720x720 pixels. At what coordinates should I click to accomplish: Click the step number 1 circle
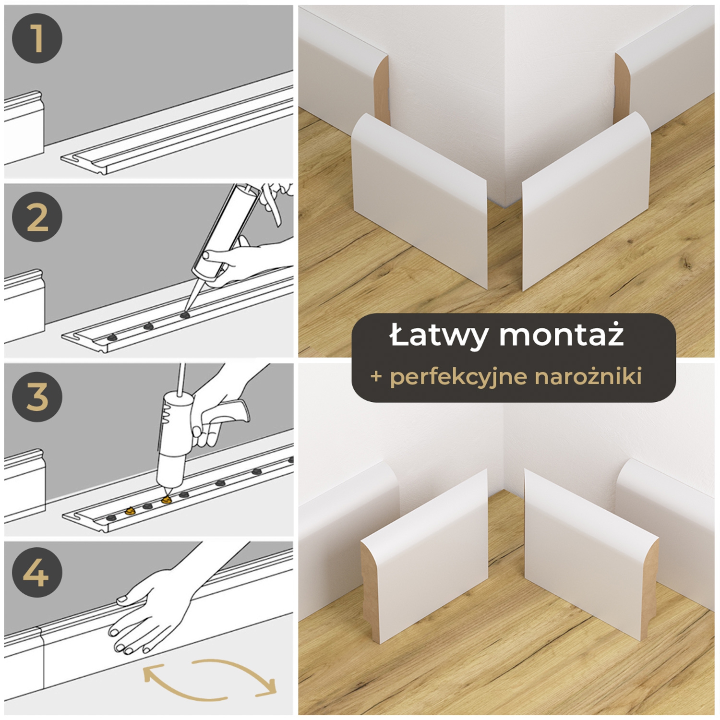tap(37, 38)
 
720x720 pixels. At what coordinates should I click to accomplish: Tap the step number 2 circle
tap(37, 217)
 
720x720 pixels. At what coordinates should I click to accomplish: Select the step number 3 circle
tap(37, 397)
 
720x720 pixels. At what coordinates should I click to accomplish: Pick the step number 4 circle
tap(37, 572)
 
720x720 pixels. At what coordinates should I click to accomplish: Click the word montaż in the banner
tap(561, 336)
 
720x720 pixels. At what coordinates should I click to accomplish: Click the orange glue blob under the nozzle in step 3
tap(167, 500)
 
